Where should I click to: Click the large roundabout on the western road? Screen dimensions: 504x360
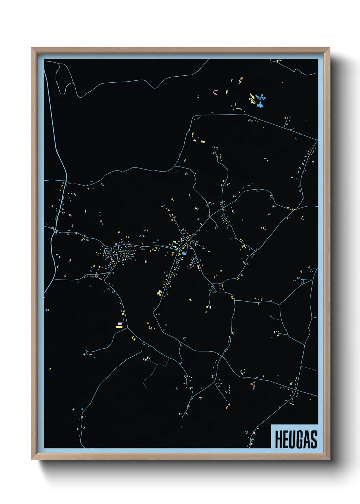(55, 231)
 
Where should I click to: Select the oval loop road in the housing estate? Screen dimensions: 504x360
(109, 253)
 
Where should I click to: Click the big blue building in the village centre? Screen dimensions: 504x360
(184, 254)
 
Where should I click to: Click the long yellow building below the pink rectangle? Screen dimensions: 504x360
(119, 327)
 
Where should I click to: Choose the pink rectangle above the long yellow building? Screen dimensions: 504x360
(119, 323)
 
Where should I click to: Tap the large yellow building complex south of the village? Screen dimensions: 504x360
(159, 293)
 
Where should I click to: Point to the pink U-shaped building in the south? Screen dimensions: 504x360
(213, 376)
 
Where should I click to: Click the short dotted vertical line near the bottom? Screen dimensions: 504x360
(229, 389)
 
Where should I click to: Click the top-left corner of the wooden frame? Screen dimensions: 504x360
(32, 48)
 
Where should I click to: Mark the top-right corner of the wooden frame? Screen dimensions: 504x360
(329, 48)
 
